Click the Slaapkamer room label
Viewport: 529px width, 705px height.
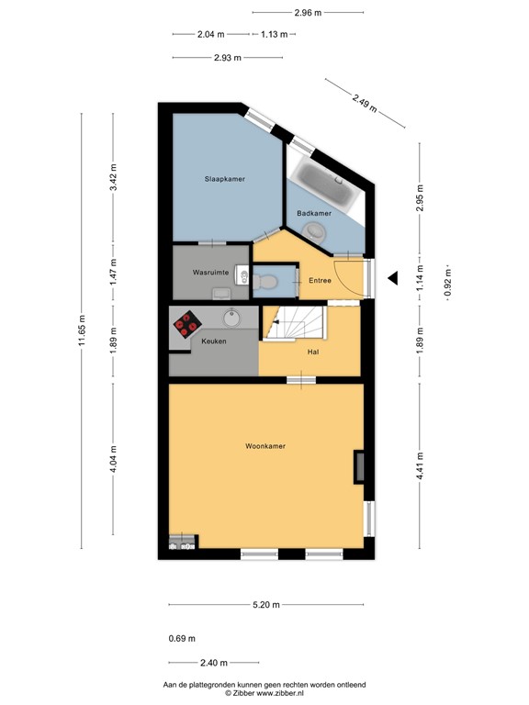[224, 179]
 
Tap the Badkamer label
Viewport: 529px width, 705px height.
[313, 213]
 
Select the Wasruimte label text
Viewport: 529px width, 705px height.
[210, 274]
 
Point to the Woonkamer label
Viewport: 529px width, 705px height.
[264, 446]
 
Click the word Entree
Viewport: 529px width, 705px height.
[321, 280]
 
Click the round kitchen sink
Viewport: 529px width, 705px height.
[231, 319]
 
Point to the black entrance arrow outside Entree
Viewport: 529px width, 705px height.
[392, 278]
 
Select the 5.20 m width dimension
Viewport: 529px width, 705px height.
[267, 605]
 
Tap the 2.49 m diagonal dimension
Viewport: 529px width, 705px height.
[365, 100]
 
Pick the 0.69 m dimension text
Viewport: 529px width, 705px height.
[182, 639]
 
